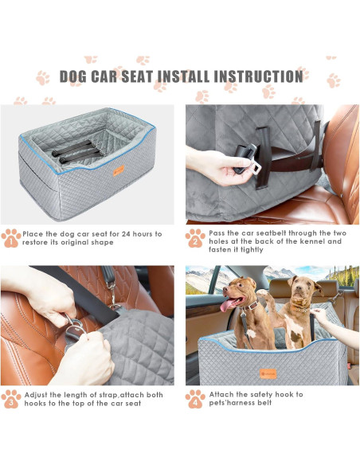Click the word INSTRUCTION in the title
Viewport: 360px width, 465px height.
(x=258, y=76)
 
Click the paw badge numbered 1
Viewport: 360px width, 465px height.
(x=11, y=238)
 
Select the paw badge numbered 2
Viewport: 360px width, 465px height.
(x=195, y=238)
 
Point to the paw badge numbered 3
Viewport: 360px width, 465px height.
(x=11, y=399)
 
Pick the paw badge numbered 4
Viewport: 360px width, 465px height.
(x=195, y=399)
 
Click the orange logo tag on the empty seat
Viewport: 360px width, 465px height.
(x=119, y=170)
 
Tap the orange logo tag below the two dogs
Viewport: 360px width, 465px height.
(x=268, y=373)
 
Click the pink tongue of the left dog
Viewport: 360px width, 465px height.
(x=226, y=305)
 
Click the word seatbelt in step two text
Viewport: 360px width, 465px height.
(x=270, y=233)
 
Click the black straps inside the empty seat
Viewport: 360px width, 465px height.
(x=76, y=152)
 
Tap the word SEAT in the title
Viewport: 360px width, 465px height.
(x=137, y=76)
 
